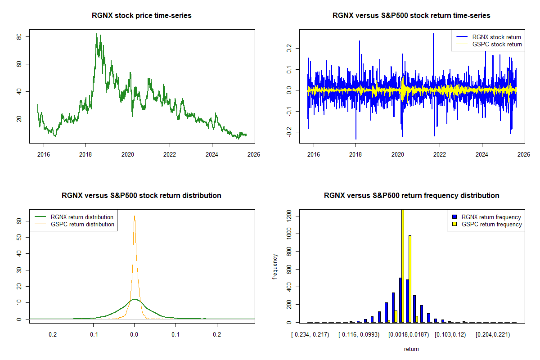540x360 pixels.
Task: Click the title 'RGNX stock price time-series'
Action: (142, 16)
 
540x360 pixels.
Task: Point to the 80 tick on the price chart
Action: (20, 36)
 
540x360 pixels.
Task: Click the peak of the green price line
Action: (96, 34)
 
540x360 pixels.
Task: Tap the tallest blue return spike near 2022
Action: (433, 34)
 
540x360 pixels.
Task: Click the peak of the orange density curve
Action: (134, 216)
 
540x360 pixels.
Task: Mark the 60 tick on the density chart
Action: (20, 221)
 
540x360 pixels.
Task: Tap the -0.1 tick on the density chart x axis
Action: (93, 335)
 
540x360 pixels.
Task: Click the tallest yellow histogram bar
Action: (403, 265)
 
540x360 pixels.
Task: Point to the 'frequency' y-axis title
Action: (275, 266)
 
